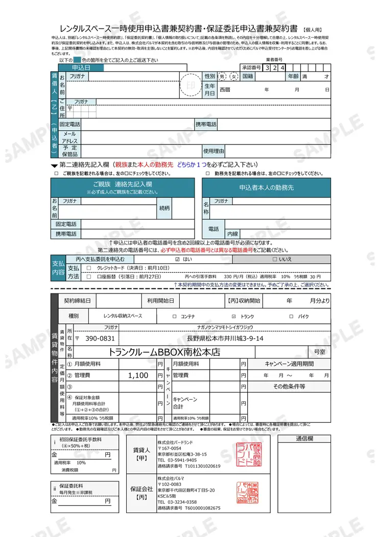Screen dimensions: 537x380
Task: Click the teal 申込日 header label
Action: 81,67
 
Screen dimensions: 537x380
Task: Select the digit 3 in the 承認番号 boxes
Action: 268,67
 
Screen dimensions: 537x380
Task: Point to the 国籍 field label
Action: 248,76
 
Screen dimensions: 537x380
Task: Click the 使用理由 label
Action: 213,151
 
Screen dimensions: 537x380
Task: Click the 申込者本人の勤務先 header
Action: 266,187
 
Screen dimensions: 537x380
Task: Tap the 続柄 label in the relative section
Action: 165,208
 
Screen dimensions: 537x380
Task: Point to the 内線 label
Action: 232,234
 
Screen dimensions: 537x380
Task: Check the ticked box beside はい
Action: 177,259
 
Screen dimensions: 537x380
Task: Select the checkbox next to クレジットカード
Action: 89,268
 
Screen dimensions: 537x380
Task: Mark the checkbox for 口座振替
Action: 89,277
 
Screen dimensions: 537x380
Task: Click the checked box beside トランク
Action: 233,316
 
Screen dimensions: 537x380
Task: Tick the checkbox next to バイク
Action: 291,316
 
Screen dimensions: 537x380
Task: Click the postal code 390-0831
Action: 100,338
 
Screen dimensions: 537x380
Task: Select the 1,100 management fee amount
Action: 138,375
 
